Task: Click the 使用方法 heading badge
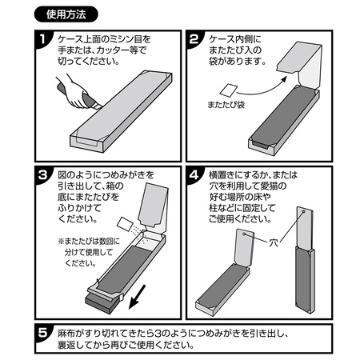(66, 14)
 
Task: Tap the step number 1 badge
(42, 39)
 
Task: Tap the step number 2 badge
(194, 39)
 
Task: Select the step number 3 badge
(42, 175)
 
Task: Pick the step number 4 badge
(194, 175)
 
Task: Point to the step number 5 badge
(42, 333)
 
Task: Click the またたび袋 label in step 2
(226, 105)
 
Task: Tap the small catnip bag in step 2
(229, 90)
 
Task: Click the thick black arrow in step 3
(137, 297)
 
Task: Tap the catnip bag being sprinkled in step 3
(125, 224)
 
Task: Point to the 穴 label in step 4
(274, 242)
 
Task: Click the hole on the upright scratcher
(303, 212)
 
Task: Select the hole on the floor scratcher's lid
(244, 234)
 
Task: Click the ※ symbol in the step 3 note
(61, 242)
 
